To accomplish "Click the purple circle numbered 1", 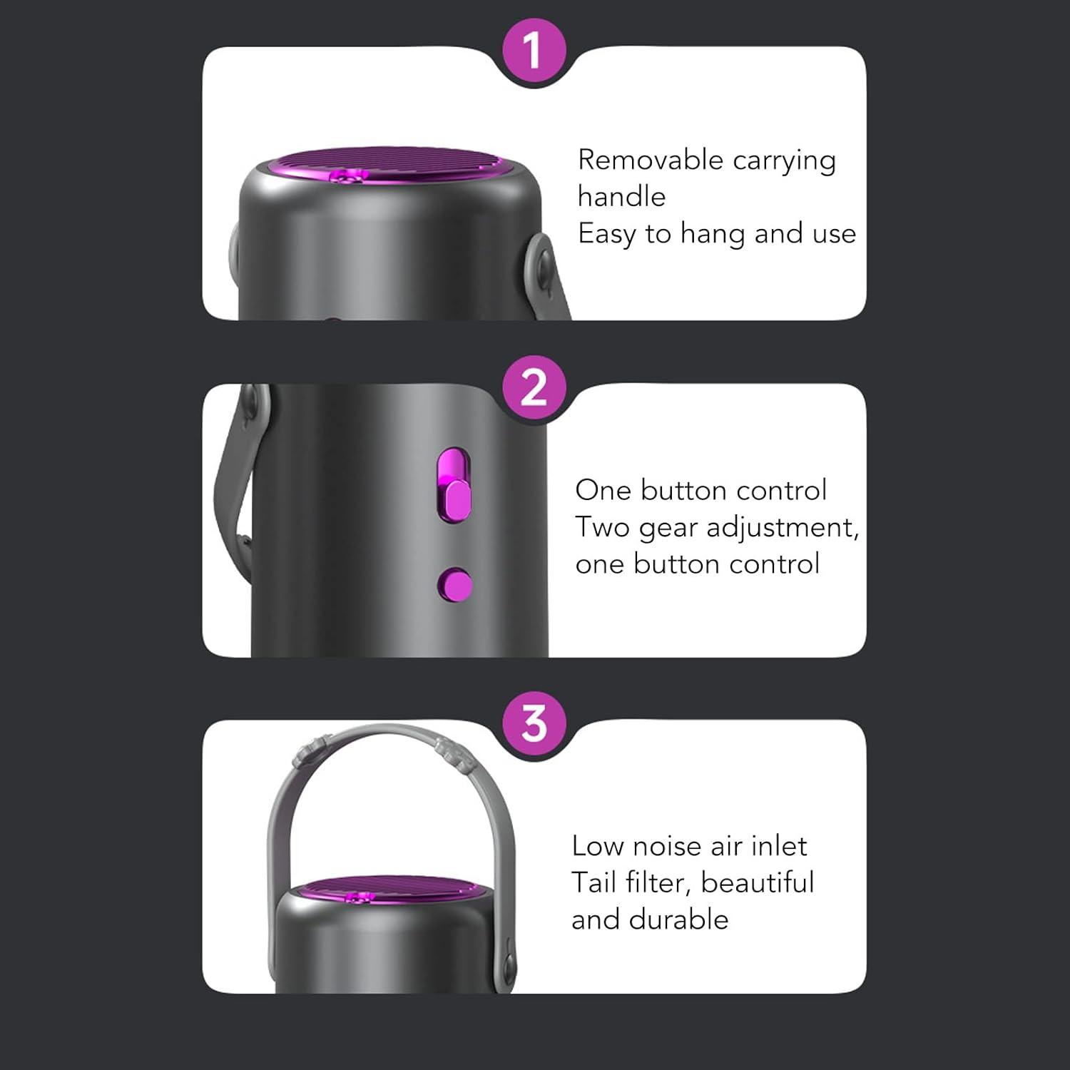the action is [x=534, y=51].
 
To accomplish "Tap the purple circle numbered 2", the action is [x=534, y=388].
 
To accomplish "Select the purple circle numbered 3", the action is [x=534, y=723].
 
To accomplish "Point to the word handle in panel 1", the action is [x=621, y=196].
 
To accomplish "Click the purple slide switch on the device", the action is [x=454, y=485].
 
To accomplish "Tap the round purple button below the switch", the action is [x=455, y=585].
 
